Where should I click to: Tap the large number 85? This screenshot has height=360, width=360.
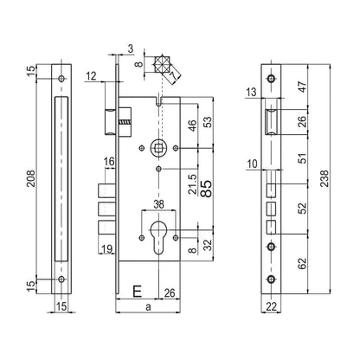point(206,190)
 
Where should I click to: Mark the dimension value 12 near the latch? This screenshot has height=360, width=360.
point(93,78)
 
